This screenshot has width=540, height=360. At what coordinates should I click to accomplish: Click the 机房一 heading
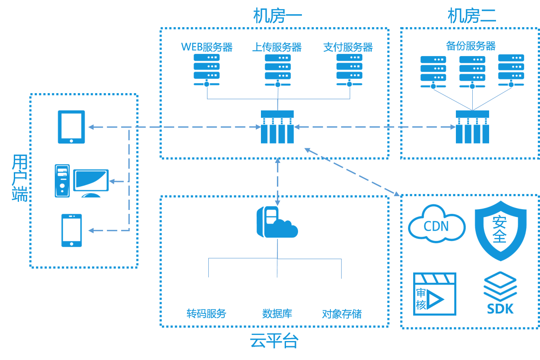(277, 16)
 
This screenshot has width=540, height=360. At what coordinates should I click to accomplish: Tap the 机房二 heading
(472, 16)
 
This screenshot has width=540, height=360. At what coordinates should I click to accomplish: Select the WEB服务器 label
(207, 47)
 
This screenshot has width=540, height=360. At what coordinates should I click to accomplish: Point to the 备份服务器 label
(471, 46)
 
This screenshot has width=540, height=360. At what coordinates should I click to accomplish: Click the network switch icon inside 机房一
(277, 127)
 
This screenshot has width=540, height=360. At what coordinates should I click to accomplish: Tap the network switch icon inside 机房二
(473, 127)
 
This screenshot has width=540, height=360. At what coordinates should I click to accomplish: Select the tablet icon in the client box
(72, 127)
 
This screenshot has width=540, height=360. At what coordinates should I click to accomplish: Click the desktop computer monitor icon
(91, 180)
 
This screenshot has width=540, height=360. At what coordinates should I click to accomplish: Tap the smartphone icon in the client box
(72, 231)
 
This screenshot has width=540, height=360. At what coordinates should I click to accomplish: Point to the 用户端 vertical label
(20, 178)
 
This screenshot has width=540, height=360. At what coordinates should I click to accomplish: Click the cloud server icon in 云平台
(277, 222)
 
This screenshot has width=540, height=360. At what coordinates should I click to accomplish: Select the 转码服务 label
(206, 313)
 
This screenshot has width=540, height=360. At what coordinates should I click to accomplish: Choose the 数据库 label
(277, 313)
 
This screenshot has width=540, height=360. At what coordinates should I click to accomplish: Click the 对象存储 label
(342, 314)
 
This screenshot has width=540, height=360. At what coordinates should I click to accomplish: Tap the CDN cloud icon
(436, 224)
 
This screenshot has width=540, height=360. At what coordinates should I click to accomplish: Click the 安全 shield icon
(500, 229)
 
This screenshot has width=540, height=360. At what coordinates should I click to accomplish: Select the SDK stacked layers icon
(500, 293)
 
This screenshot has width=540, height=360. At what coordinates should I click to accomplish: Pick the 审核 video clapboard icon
(434, 294)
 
